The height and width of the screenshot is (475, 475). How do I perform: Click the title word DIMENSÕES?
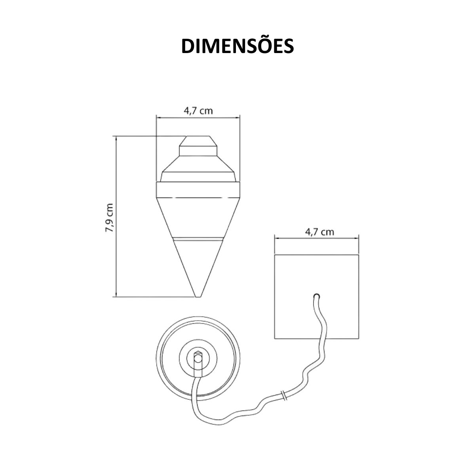coord(237,46)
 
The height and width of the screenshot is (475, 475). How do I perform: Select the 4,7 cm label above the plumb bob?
coord(198,110)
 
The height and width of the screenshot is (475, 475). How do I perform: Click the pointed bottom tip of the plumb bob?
coord(198,294)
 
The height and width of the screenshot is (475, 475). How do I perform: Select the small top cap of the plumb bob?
coord(198,146)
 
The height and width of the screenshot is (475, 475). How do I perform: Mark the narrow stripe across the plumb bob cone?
coord(198,239)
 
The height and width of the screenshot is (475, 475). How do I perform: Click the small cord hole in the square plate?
coord(316,296)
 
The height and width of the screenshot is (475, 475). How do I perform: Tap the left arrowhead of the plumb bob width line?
coord(158,117)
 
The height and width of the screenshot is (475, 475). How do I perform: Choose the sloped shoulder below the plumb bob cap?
coord(198,165)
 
